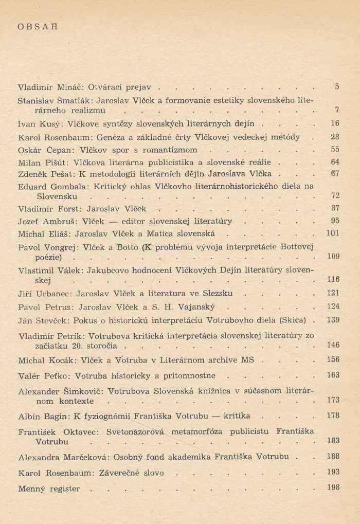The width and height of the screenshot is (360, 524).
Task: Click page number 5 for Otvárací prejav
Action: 336,86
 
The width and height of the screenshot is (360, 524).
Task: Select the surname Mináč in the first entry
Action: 60,87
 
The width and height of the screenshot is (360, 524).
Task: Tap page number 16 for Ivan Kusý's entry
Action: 334,123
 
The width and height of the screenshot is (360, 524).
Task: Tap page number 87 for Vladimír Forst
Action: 334,208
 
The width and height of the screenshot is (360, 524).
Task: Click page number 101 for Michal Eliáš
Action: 333,233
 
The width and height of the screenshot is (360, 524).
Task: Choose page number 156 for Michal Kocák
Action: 333,359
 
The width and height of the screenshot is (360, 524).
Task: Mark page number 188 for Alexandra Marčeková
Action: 333,456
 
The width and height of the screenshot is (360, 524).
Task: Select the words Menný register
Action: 49,489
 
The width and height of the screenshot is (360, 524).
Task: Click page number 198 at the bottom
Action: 333,487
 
